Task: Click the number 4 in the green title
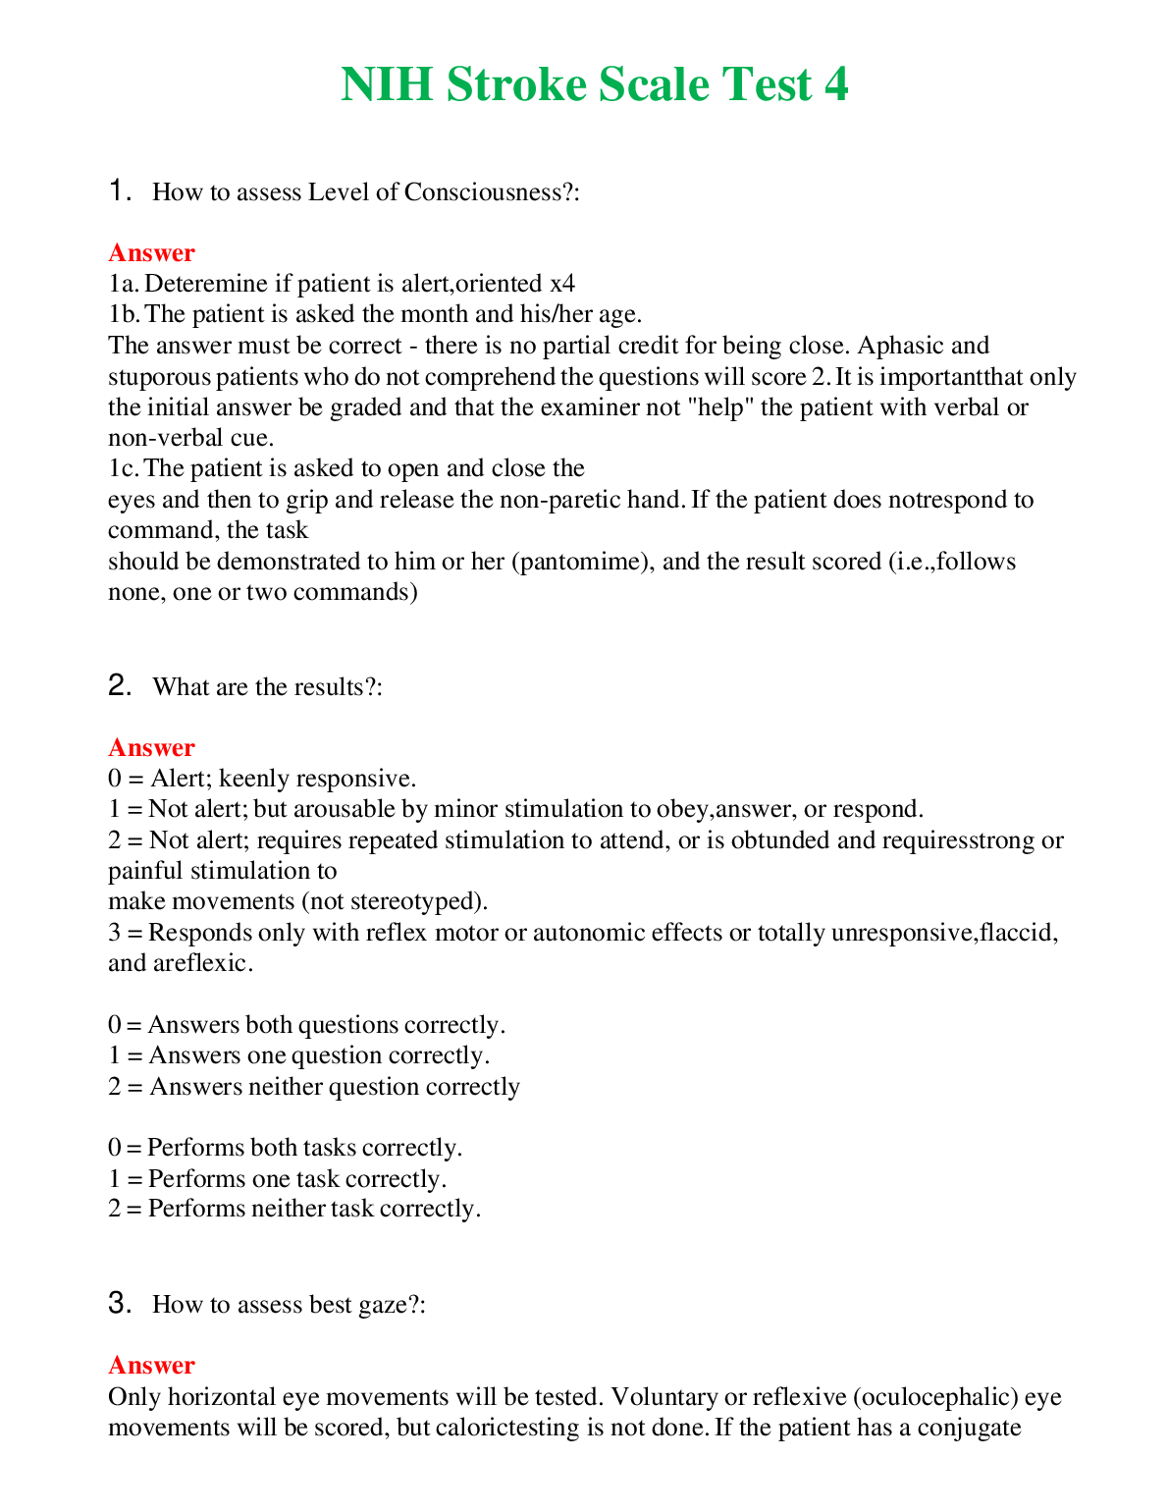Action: pyautogui.click(x=835, y=84)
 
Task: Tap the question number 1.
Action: pyautogui.click(x=118, y=190)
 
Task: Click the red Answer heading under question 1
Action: pyautogui.click(x=151, y=252)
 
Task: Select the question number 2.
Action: pyautogui.click(x=119, y=685)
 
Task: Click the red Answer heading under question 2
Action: pyautogui.click(x=151, y=747)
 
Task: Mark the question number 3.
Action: pyautogui.click(x=119, y=1303)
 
